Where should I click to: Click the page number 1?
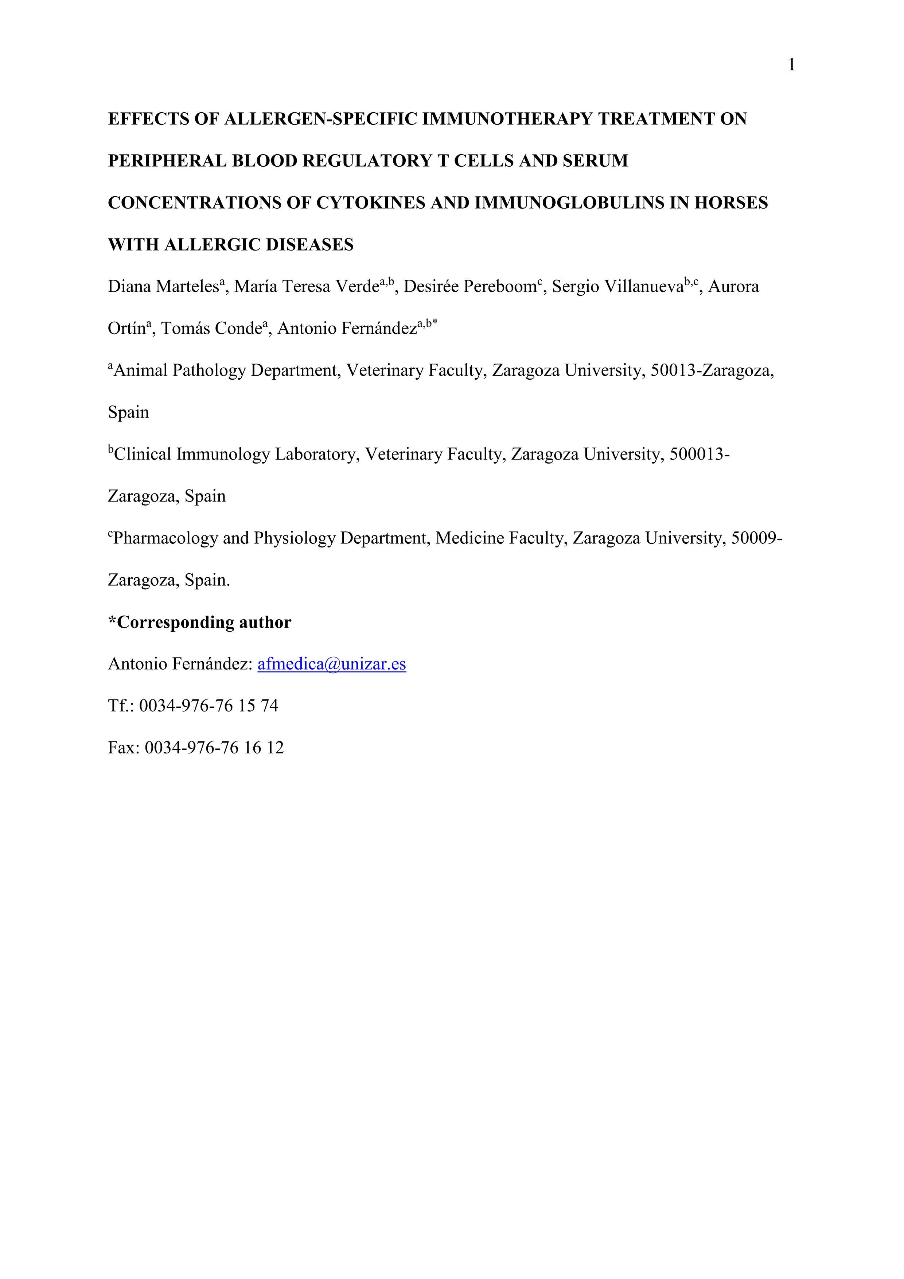point(791,66)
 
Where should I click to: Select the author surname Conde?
point(238,329)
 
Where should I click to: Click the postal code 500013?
point(697,454)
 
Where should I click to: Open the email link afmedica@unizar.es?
point(331,664)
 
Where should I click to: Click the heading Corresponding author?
point(204,622)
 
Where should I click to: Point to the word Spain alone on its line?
point(129,413)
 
